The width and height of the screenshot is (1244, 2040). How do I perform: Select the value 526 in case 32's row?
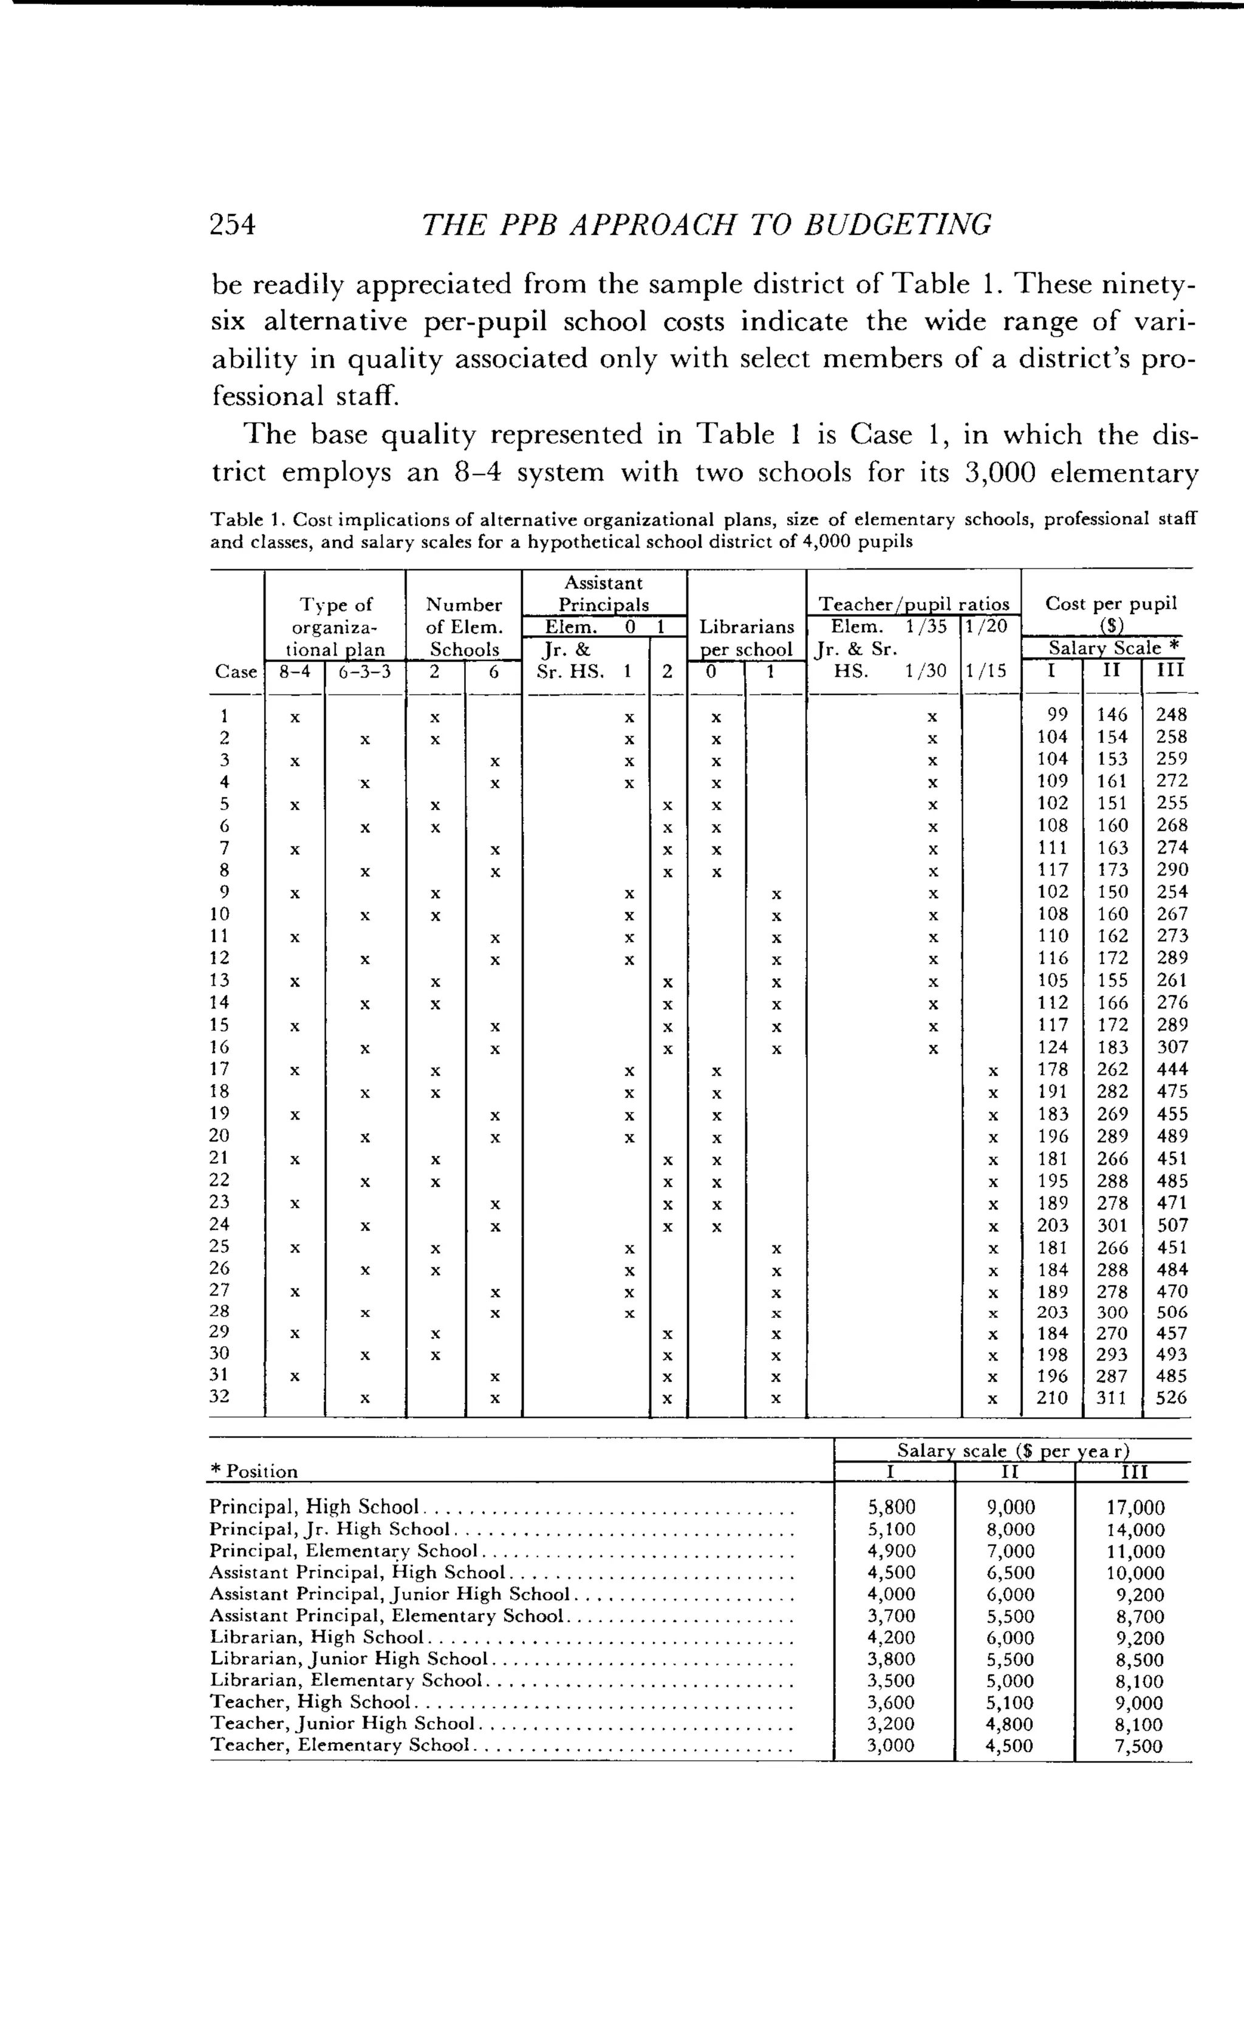(1171, 1398)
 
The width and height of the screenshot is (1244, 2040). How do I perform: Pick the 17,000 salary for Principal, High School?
(1135, 1508)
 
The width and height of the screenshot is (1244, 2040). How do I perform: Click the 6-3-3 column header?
(364, 671)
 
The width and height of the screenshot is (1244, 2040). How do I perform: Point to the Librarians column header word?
(747, 626)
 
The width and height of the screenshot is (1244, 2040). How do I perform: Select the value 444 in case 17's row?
(1171, 1069)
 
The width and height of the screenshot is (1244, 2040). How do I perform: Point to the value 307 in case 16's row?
(1171, 1047)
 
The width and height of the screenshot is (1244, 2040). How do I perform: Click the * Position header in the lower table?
(253, 1471)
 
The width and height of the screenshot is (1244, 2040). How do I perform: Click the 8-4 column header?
(294, 671)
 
